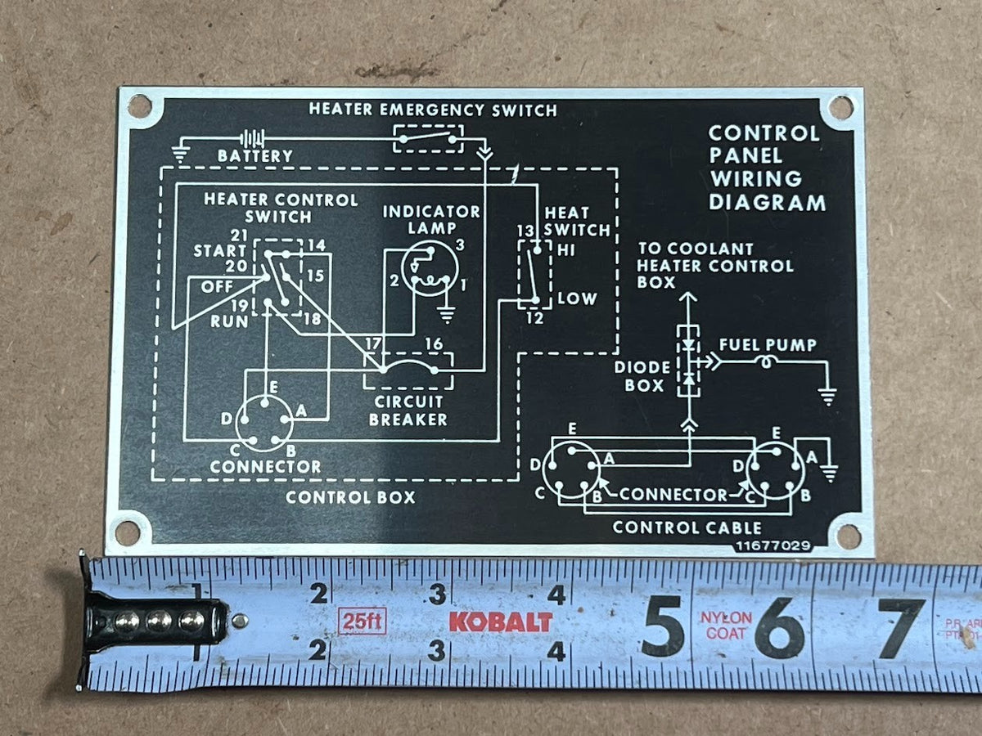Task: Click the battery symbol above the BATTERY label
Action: [x=252, y=139]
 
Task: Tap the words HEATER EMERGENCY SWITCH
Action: [x=433, y=110]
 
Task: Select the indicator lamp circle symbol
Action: [x=429, y=268]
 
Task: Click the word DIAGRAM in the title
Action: [x=767, y=203]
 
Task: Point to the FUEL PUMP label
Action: [x=768, y=345]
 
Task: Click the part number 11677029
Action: [x=773, y=546]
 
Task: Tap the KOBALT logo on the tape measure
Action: [x=501, y=622]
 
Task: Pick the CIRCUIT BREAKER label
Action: [x=408, y=411]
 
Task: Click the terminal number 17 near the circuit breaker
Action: [x=373, y=343]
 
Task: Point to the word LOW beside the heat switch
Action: [x=577, y=298]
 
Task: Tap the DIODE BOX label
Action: [x=642, y=376]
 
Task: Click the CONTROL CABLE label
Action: [x=687, y=527]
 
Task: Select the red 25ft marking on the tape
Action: [x=362, y=621]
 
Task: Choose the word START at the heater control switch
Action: [x=219, y=251]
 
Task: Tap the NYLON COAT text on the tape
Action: [x=726, y=626]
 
